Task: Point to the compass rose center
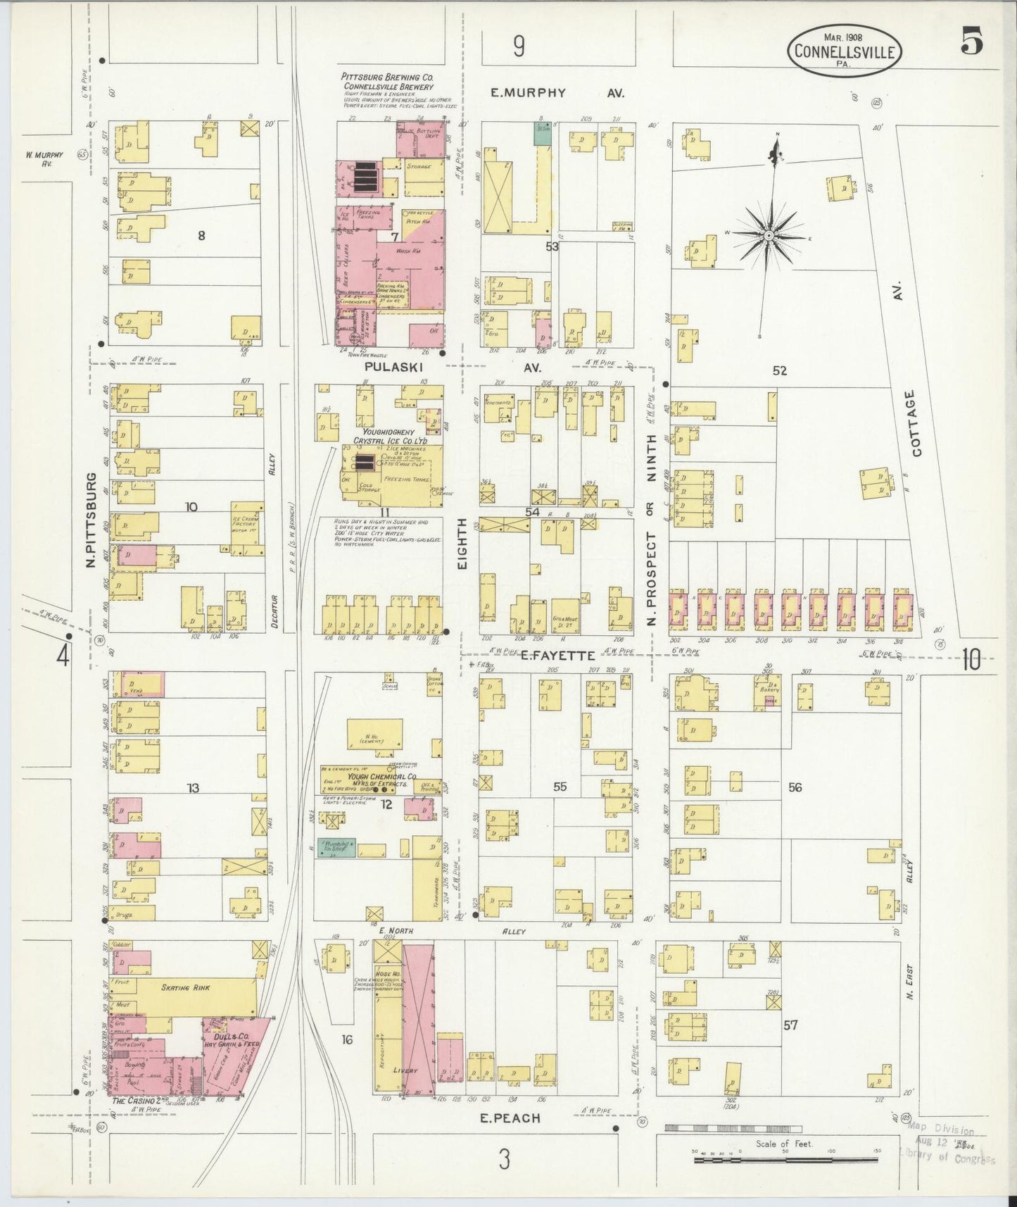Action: point(769,234)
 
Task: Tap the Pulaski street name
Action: point(387,368)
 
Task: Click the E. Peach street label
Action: point(510,1118)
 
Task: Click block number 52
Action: point(779,370)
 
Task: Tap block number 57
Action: point(790,1025)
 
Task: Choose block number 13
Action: point(192,788)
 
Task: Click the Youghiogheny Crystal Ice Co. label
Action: point(384,436)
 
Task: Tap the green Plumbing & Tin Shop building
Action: point(336,847)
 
